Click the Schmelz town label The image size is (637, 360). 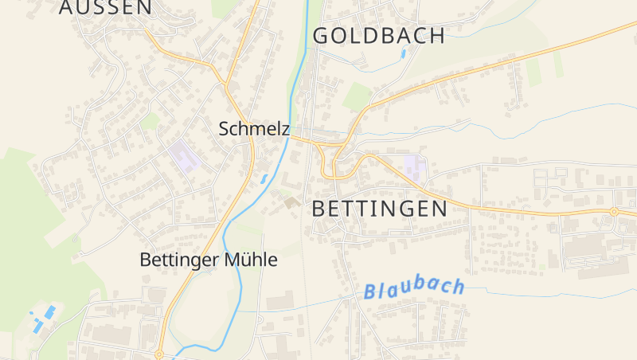[254, 129]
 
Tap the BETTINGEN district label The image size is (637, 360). [380, 209]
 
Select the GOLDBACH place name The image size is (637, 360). [378, 35]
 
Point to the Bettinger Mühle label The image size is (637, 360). [209, 260]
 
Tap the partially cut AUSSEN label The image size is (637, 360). [105, 7]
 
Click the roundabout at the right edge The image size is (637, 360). [614, 212]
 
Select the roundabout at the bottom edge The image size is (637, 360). [159, 354]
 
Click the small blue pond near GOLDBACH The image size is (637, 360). [404, 54]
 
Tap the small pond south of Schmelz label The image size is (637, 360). [264, 180]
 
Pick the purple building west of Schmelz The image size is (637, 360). [185, 156]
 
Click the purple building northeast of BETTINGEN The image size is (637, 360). [414, 167]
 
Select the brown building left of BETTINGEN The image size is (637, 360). [290, 203]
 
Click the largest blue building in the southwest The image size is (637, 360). [49, 312]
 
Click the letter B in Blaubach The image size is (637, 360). [371, 292]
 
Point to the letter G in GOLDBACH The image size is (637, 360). [322, 35]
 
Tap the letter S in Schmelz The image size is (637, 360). [225, 129]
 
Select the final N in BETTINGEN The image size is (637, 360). [438, 209]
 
